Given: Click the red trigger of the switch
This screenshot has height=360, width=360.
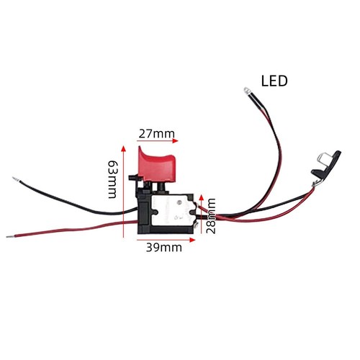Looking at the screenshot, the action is point(157,166).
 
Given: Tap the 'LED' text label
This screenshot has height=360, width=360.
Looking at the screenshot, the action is point(274,81).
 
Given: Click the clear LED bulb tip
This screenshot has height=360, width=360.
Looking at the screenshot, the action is point(246,91).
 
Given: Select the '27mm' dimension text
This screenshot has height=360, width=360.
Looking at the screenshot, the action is point(157,134).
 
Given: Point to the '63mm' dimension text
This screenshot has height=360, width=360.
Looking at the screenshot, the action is point(112,179).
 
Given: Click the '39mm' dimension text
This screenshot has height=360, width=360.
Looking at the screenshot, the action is point(164,248).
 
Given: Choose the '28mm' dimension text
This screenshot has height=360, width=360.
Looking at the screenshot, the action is point(211,216).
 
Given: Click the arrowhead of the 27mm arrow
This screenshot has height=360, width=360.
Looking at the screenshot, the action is point(176,141).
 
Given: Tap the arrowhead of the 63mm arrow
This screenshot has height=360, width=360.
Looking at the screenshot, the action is point(123,148).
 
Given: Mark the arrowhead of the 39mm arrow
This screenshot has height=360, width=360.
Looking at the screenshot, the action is point(192,240).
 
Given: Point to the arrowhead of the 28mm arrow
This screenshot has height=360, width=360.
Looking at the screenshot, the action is point(202,198).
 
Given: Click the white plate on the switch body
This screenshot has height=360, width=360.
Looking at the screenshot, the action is point(172,210).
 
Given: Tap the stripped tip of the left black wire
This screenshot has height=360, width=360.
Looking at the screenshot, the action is point(16,179).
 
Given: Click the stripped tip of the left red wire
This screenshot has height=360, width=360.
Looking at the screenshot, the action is point(10,237).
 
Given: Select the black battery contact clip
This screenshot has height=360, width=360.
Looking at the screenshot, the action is point(327,166).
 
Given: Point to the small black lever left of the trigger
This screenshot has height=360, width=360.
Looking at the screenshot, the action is point(135,179).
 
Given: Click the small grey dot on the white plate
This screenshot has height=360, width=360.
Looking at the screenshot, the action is point(179,202).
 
